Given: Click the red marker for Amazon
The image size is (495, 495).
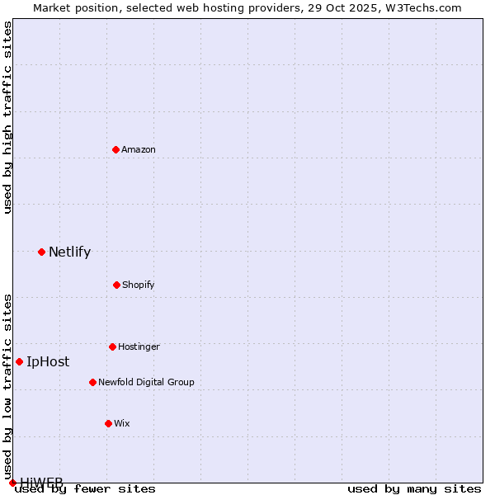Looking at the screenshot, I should pos(115,149).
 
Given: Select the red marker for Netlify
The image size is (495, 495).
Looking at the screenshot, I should pos(41,252).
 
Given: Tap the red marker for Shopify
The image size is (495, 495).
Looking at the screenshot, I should pos(116,285).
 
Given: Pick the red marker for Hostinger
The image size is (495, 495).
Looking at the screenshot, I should pos(112,346).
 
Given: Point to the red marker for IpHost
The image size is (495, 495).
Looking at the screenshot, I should pos(19,361).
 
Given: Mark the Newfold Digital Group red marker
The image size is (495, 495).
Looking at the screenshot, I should pos(92,382).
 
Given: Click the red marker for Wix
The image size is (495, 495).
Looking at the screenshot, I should pos(108,423).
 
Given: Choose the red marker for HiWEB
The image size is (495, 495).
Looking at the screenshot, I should pos(12,483).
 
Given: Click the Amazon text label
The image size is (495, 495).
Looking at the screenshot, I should pos(139,149).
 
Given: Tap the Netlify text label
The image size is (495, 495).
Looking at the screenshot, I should pos(69,252).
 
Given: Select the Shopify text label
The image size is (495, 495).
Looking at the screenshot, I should pos(139,285).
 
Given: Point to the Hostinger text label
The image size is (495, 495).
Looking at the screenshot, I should pos(139,346).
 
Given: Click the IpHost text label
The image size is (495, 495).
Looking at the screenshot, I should pos(48,361).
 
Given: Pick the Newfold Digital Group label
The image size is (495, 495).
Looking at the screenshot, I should pos(146,382).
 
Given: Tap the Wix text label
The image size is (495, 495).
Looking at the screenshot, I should pos(122,423).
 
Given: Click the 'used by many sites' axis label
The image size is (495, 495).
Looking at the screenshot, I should pos(414,488).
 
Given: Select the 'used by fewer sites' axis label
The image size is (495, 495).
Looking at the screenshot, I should pos(85,488).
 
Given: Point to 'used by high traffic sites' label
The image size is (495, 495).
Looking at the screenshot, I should pos(7,117).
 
